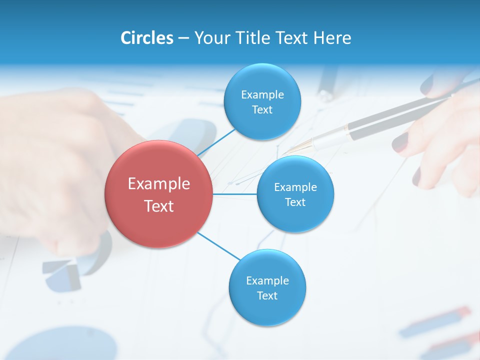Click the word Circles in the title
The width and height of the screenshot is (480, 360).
click(146, 38)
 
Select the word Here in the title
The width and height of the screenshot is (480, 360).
click(332, 38)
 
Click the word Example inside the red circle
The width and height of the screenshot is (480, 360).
click(158, 184)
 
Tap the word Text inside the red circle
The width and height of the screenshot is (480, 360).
click(158, 206)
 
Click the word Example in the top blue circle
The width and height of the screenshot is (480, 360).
click(262, 95)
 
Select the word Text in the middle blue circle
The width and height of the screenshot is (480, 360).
click(295, 202)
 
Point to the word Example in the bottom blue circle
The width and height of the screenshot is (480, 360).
click(267, 281)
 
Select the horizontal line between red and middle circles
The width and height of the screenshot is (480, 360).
click(235, 194)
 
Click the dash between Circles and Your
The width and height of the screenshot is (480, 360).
click(183, 38)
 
